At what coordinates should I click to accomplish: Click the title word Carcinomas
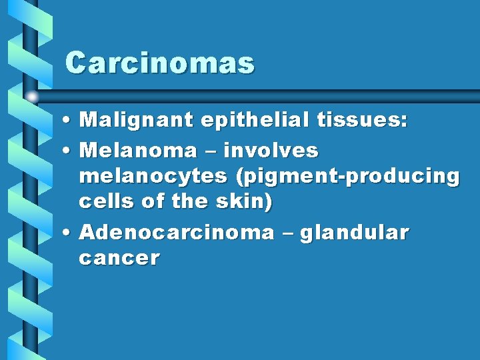(160, 64)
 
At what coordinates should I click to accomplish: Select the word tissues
(363, 120)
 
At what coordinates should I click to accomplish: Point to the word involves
(271, 151)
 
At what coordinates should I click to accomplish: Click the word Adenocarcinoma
(176, 233)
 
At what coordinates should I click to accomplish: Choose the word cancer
(119, 258)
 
